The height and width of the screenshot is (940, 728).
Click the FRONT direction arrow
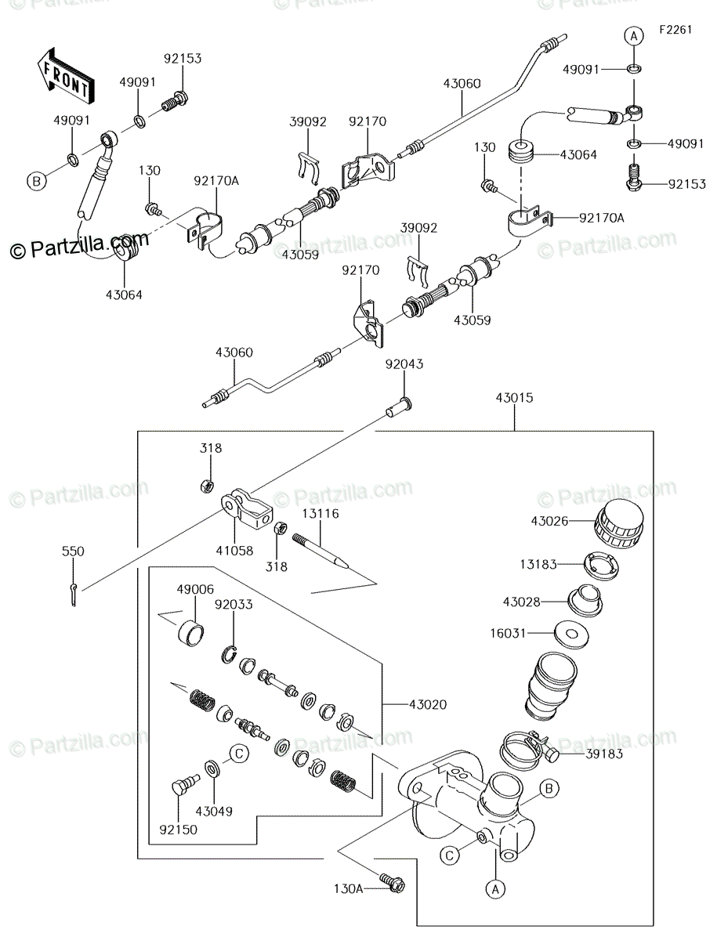click(66, 76)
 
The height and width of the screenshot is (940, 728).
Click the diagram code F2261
click(675, 30)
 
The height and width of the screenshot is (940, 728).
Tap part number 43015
click(514, 398)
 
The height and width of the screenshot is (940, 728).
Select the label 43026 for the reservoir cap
click(549, 521)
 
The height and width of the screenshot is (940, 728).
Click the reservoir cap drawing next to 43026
click(619, 524)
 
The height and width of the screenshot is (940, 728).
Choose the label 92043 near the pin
click(404, 364)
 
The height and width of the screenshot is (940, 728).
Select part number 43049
click(214, 811)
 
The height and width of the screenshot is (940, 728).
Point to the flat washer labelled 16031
click(571, 634)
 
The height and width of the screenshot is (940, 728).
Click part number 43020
click(428, 705)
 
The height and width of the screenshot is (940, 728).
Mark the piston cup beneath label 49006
click(190, 632)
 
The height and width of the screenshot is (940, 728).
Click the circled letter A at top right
click(634, 36)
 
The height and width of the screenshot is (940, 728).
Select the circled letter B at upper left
click(36, 181)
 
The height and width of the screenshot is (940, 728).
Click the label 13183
click(538, 564)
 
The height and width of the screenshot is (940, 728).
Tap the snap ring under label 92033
click(229, 654)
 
